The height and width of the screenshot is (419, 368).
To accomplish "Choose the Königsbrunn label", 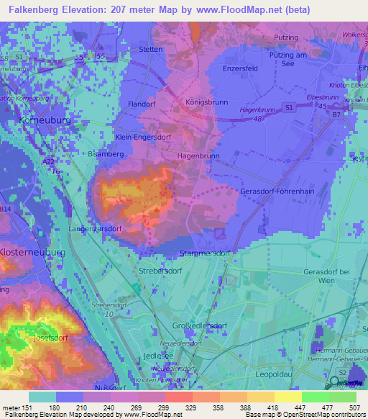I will coord(207,102).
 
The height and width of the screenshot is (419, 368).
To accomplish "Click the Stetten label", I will coord(151,50).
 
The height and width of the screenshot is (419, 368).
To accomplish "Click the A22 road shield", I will coord(48,163).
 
